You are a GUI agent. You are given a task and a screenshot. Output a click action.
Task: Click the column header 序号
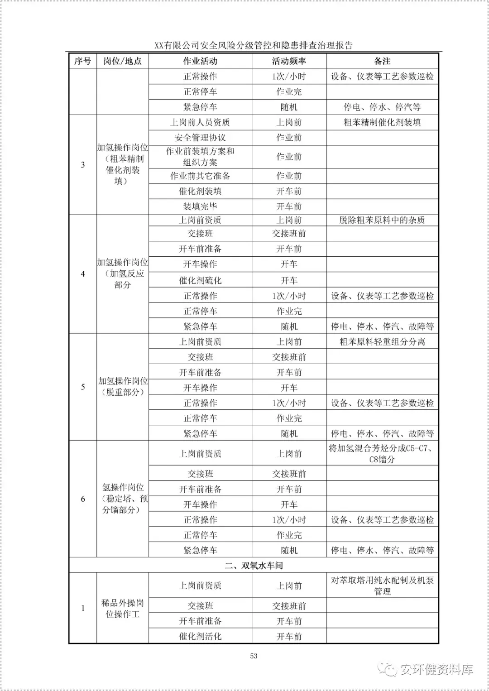tap(82, 61)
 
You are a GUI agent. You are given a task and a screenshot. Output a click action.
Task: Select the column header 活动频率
tap(289, 61)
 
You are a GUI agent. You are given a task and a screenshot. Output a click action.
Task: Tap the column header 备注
tap(382, 61)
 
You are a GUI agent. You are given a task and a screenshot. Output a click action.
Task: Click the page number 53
tap(254, 656)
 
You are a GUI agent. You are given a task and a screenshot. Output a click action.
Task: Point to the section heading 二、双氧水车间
tap(254, 566)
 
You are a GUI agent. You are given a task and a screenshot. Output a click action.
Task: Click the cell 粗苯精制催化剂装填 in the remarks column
tap(382, 122)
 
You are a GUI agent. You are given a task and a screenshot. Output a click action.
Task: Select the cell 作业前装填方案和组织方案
tap(200, 157)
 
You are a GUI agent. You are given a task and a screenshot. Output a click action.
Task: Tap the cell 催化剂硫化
tap(200, 280)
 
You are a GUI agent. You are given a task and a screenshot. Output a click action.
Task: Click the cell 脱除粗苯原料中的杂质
tap(382, 220)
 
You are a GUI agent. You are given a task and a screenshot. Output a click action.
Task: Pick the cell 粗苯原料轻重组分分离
tap(382, 342)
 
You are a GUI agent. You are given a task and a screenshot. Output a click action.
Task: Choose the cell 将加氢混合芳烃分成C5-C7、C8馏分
tap(382, 454)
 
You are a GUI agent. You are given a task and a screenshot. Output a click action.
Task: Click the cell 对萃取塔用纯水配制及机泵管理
tap(382, 585)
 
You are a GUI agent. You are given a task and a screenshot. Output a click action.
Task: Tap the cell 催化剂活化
tap(200, 636)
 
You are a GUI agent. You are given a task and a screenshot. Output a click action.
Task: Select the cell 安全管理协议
tap(200, 138)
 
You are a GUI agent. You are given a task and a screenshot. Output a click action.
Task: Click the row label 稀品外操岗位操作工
tap(122, 608)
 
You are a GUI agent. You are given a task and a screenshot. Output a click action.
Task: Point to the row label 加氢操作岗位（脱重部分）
tap(122, 387)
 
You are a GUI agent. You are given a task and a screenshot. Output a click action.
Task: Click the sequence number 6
tap(82, 499)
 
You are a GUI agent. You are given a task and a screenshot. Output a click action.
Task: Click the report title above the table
tap(254, 45)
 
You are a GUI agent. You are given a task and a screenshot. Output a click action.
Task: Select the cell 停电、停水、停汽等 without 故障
tap(382, 107)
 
